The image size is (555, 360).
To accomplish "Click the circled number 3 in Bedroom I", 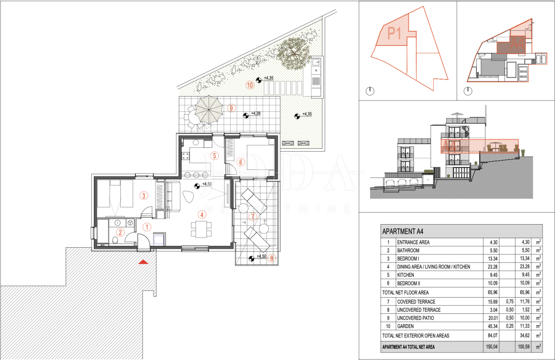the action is (144, 195).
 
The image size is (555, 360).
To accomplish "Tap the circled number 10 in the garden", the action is (250, 85).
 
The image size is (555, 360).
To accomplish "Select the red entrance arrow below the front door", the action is (143, 262).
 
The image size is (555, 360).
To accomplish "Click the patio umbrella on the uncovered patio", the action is (209, 110).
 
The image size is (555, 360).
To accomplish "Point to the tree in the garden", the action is (294, 53).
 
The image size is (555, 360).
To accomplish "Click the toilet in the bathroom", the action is (115, 240).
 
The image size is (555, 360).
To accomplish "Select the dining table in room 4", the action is (201, 229).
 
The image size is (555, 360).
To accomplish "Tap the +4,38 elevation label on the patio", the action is (256, 113).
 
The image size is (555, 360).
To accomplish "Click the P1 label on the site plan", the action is (394, 33).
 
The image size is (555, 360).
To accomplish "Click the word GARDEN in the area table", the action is (406, 326).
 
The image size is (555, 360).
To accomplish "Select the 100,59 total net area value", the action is (524, 347).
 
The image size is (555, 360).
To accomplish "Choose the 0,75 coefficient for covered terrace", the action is (510, 302).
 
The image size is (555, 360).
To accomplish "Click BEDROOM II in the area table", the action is (408, 283).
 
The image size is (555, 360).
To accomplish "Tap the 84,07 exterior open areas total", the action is (493, 336).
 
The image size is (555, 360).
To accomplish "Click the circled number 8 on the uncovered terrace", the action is (271, 258).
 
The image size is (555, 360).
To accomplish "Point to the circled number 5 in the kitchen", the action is (215, 156).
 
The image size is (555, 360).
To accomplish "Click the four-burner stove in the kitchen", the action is (185, 156).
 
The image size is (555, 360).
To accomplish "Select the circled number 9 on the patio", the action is (231, 108).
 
